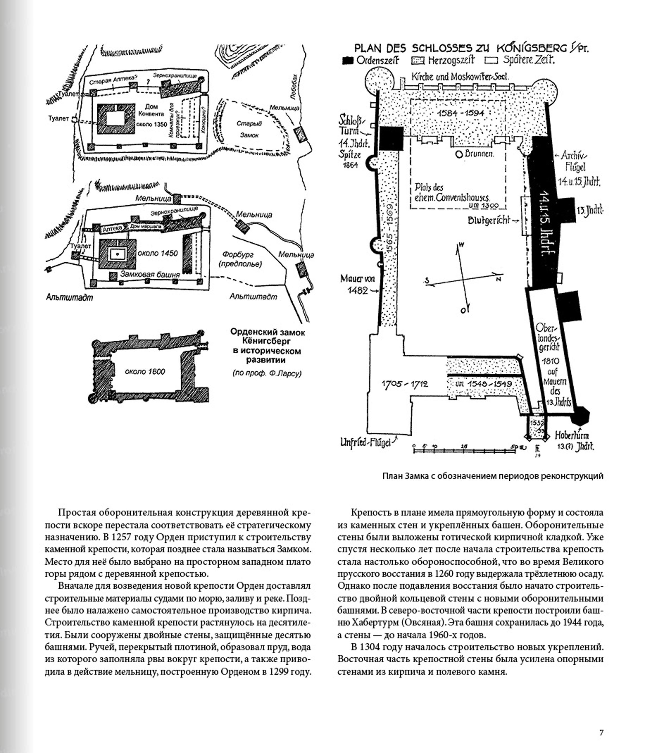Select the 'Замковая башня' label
click(x=150, y=274)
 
